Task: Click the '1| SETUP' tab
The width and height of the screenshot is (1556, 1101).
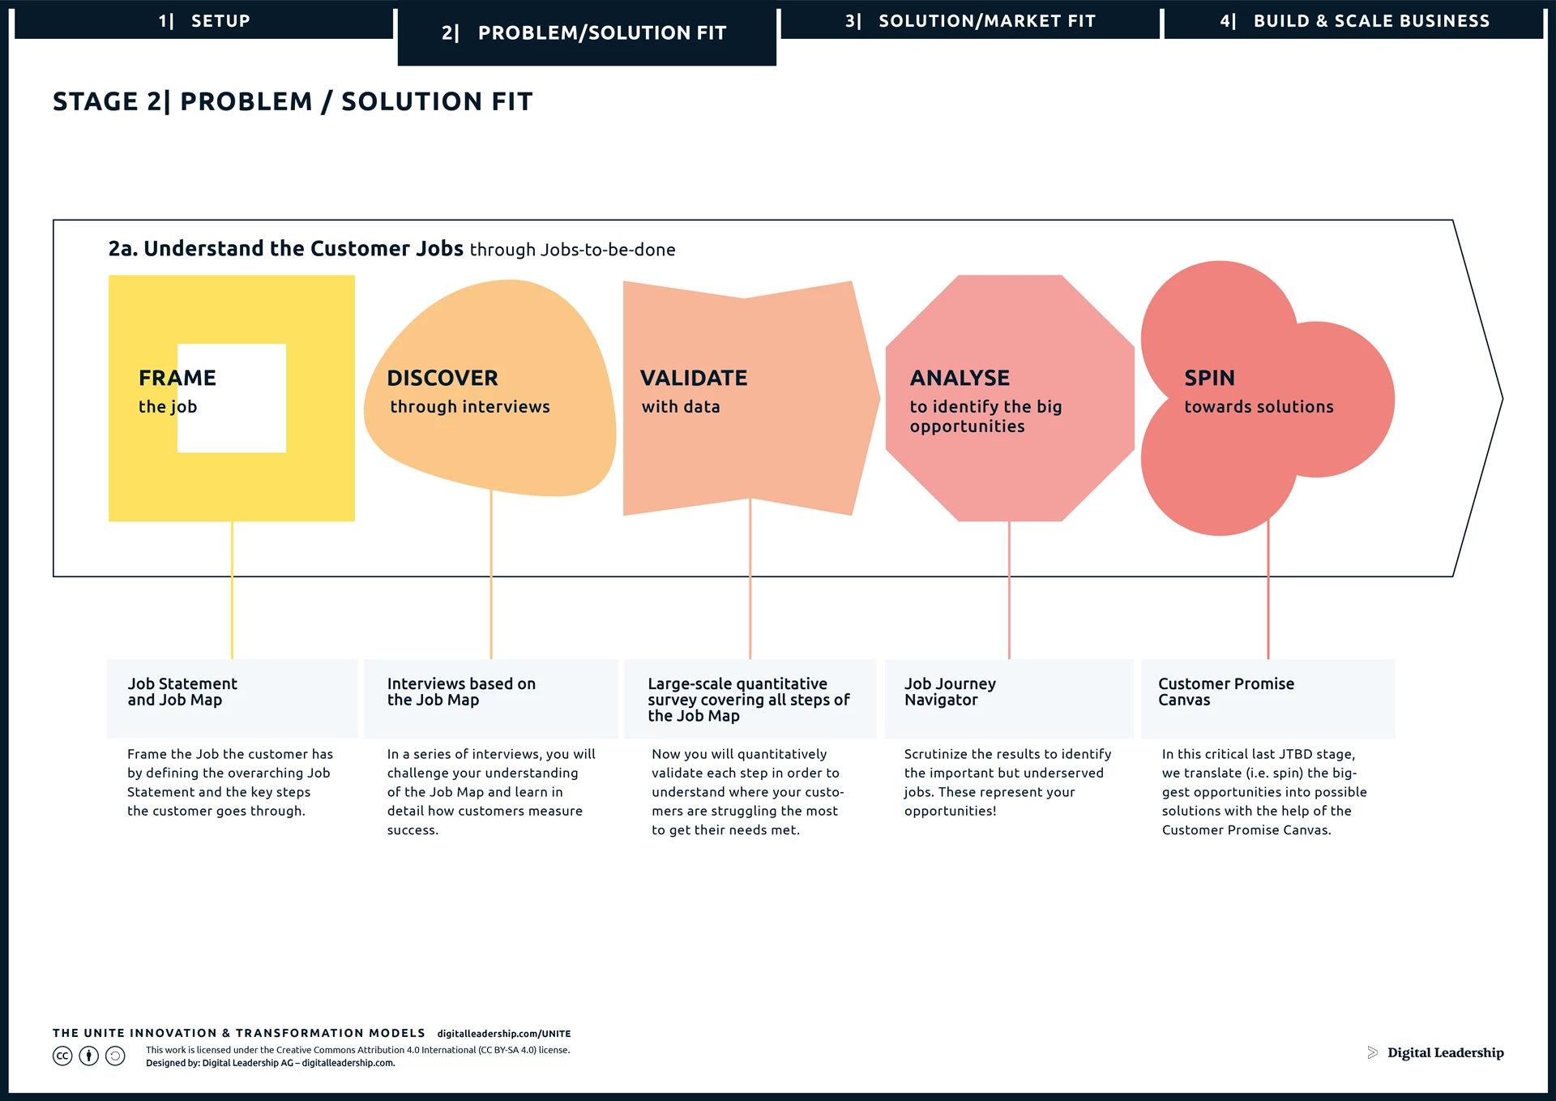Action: coord(204,21)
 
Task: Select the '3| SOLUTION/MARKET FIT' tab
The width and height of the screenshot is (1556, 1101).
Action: coord(970,21)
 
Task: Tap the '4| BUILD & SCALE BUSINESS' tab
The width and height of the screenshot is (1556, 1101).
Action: coord(1354,21)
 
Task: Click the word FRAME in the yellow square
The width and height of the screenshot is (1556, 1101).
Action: coord(177,378)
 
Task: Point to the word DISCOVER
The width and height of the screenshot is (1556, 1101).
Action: coord(442,378)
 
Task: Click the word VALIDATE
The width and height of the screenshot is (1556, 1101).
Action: coord(694,378)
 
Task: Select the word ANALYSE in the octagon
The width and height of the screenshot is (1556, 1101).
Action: coord(960,378)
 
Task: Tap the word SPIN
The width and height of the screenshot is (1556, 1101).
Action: coord(1210,378)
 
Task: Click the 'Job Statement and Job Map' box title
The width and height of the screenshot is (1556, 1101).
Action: coord(182,692)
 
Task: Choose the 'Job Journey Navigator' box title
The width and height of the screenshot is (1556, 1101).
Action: coord(950,692)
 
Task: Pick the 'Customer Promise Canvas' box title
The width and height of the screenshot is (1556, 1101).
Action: coord(1226,692)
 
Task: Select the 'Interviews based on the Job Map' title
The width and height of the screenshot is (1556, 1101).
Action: coord(461,692)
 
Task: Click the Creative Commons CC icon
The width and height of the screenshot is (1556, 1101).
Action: coord(62,1056)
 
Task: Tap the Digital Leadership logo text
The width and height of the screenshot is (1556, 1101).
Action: coord(1445,1052)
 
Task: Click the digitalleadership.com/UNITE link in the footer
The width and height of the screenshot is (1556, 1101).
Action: coord(504,1034)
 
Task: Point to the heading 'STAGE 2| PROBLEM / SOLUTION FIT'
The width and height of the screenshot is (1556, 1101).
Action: coord(293,101)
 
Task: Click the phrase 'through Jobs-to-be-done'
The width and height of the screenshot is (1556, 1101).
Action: coord(572,250)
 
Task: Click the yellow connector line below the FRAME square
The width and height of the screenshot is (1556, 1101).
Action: coord(232,590)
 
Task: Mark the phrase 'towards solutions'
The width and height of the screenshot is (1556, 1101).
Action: coord(1259,407)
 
